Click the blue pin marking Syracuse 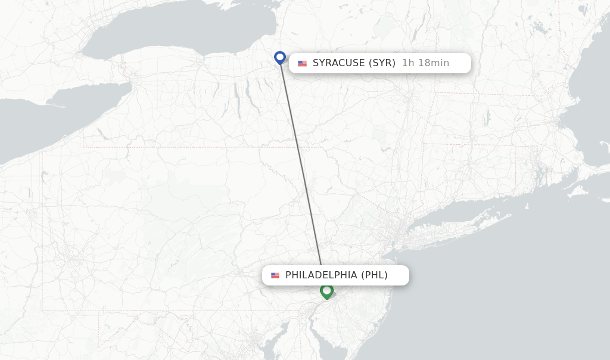pyautogui.click(x=280, y=57)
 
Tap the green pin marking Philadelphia pyautogui.click(x=326, y=291)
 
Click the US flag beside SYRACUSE pyautogui.click(x=302, y=63)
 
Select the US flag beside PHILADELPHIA pyautogui.click(x=275, y=275)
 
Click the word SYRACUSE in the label pyautogui.click(x=338, y=63)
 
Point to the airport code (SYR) pyautogui.click(x=382, y=63)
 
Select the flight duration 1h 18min pyautogui.click(x=425, y=63)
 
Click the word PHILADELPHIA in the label pyautogui.click(x=322, y=275)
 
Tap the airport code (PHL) pyautogui.click(x=374, y=275)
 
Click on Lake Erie pyautogui.click(x=48, y=119)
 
